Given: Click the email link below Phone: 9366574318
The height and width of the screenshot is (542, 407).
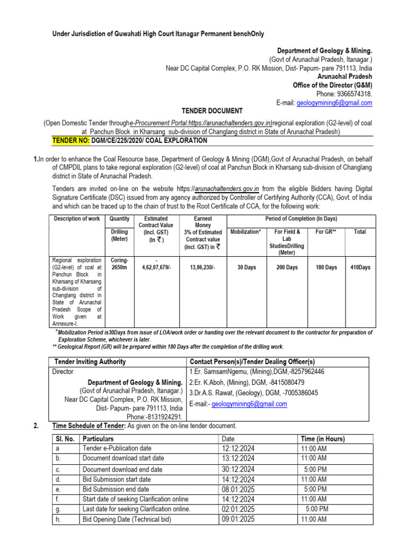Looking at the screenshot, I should click(334, 103).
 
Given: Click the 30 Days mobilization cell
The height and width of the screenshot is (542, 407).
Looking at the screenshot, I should click(246, 267).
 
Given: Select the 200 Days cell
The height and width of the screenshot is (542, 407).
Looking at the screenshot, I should click(287, 267).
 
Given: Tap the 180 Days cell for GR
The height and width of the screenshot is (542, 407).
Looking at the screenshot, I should click(326, 267).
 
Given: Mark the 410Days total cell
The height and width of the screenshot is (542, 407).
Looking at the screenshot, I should click(360, 267).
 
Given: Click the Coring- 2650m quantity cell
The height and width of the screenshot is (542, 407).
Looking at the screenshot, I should click(119, 264).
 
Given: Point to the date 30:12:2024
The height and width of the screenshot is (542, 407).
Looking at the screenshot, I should click(238, 469).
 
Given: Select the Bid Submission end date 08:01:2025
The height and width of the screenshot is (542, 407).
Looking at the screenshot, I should click(238, 490).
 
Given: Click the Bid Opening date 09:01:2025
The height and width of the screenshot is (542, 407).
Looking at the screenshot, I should click(238, 520).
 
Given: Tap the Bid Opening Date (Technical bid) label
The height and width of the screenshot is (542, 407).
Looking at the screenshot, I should click(127, 520).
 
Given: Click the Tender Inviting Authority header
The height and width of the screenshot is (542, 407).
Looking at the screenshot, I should click(90, 362).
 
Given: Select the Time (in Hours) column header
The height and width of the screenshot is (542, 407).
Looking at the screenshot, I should click(323, 439).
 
